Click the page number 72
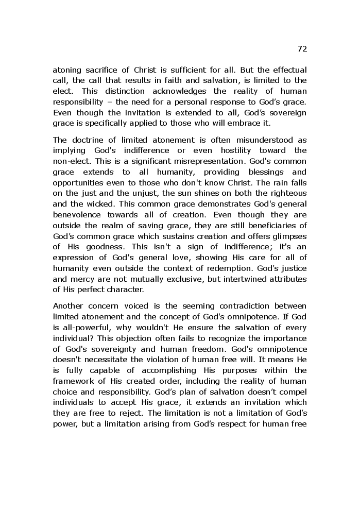point(302,49)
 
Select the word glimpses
point(289,236)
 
